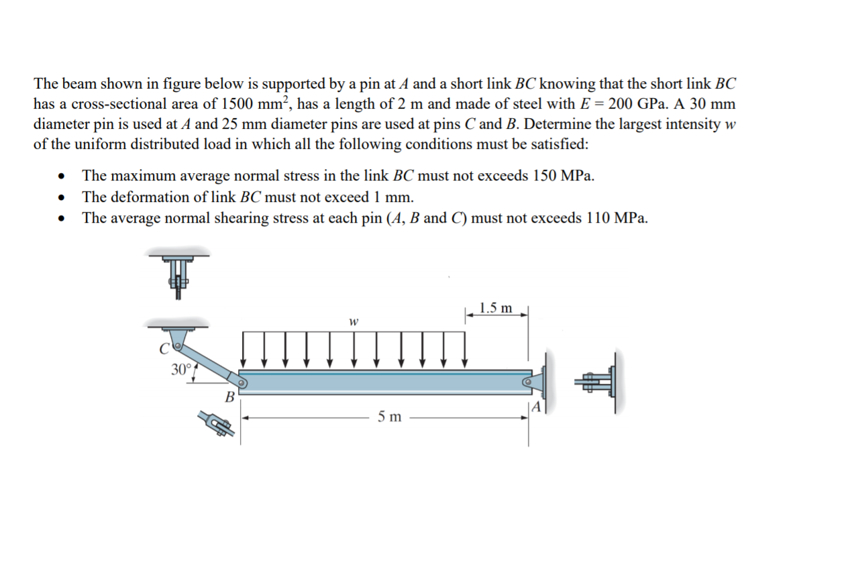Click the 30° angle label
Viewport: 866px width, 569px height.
pos(182,369)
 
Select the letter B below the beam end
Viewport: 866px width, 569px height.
pos(229,397)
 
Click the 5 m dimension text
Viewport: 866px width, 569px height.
pos(389,417)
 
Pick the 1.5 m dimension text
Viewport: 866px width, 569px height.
pos(496,309)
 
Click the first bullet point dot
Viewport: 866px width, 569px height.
pos(62,177)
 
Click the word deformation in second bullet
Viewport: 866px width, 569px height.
pos(144,197)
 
